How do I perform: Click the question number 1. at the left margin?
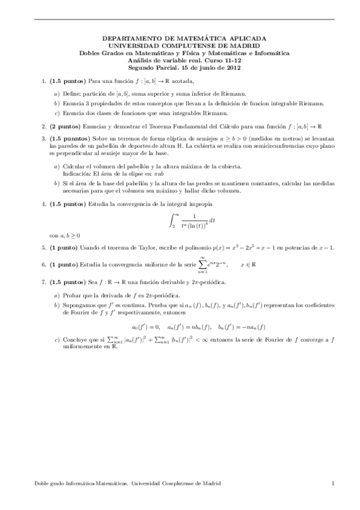[43, 80]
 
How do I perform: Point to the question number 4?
[43, 204]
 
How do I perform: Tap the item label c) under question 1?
[56, 113]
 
